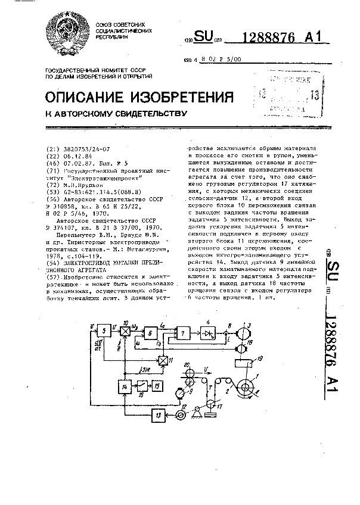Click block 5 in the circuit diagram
point(105,330)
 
